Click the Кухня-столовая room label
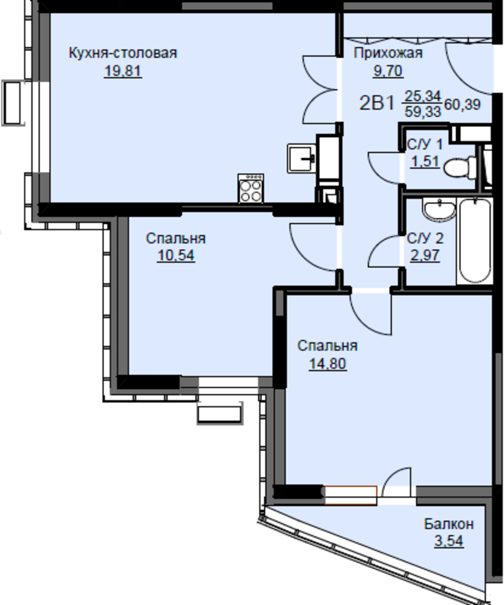[123, 53]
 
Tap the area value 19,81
[123, 71]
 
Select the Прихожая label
[388, 53]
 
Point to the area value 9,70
[388, 71]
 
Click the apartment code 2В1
[377, 103]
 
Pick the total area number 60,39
[462, 104]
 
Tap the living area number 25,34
[422, 96]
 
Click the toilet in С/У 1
[460, 168]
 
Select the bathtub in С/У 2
[475, 240]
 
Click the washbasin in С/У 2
[439, 210]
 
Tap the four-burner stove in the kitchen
[251, 188]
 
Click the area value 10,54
[175, 256]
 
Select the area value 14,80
[328, 364]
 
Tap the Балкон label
[449, 524]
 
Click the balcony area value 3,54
[449, 541]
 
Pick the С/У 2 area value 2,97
[425, 255]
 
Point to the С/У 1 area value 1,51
[425, 162]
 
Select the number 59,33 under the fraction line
[422, 112]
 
